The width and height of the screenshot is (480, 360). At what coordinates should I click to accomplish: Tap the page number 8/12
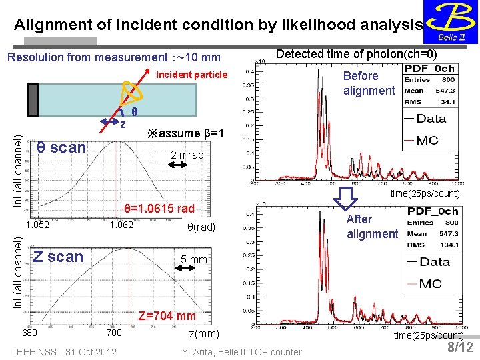(460, 347)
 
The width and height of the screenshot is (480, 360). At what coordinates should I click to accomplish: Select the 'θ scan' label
(61, 147)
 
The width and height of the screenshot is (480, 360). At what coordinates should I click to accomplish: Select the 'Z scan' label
(59, 257)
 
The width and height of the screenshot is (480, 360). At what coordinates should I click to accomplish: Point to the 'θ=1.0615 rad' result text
(159, 209)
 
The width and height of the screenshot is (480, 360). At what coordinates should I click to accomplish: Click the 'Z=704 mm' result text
(167, 316)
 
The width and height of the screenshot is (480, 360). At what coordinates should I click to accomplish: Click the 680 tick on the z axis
(29, 333)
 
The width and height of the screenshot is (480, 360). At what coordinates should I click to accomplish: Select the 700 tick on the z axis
(114, 333)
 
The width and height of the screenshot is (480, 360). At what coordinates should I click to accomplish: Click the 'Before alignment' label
(369, 83)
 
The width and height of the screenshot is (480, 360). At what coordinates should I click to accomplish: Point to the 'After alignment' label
(372, 227)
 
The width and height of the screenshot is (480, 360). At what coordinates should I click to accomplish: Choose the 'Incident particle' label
(191, 75)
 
